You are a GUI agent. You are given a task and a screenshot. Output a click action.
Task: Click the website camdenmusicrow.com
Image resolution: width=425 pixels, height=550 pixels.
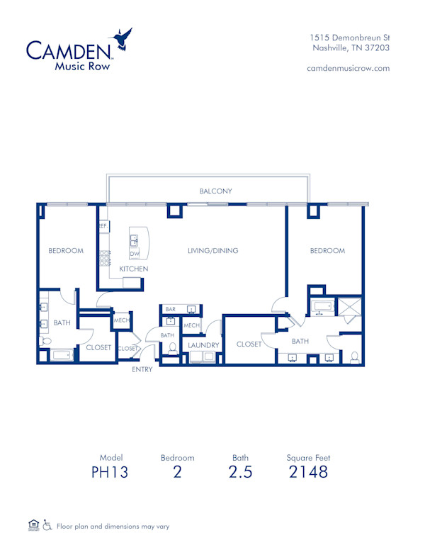[348, 68]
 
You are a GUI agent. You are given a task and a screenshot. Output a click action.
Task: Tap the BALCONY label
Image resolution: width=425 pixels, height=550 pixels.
[215, 191]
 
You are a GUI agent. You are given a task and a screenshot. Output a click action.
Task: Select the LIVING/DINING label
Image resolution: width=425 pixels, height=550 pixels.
[212, 250]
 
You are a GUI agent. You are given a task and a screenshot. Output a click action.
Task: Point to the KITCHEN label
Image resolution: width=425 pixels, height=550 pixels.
[133, 269]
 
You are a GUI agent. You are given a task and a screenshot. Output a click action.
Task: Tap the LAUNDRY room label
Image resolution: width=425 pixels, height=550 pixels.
[203, 345]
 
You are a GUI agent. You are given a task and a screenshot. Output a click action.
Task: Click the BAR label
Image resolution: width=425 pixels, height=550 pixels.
[170, 310]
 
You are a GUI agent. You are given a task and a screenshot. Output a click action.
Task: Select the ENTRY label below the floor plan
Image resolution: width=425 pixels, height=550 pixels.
[142, 369]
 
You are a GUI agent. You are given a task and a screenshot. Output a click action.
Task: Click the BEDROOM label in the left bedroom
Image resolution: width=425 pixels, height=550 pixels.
[66, 250]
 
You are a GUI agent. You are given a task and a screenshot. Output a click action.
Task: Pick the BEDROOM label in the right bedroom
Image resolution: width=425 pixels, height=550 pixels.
[327, 250]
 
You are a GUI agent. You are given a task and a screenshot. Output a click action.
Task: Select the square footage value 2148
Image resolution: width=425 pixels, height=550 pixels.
[308, 472]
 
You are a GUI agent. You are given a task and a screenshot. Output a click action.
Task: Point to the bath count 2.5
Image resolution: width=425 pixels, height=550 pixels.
[240, 472]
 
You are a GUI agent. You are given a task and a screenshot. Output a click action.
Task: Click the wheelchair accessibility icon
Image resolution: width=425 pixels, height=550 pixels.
[47, 525]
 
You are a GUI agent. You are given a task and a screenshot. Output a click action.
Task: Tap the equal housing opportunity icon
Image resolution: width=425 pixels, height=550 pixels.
[33, 525]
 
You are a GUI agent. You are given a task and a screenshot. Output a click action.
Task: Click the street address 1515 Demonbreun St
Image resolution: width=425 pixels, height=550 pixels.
[350, 38]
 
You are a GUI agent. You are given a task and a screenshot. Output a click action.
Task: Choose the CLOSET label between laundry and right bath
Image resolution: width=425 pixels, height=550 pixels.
[249, 344]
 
